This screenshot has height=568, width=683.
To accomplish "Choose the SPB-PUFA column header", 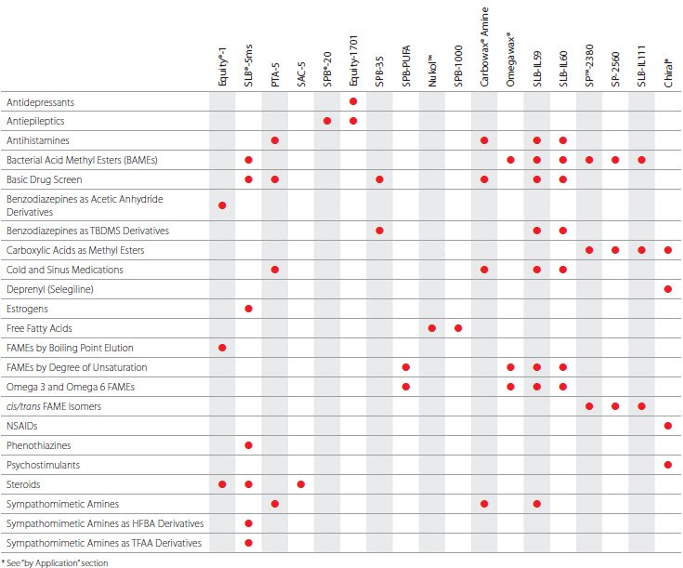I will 406,68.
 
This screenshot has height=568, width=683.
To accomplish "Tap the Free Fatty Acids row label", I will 39,328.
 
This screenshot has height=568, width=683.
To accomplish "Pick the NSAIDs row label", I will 22,426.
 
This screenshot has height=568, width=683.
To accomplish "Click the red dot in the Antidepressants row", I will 354,101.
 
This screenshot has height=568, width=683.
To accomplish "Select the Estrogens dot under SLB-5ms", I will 249,309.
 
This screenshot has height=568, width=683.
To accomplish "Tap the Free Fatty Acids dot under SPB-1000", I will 458,328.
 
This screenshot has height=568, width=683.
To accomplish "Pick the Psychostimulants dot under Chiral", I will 668,465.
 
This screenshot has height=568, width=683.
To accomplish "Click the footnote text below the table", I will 55,562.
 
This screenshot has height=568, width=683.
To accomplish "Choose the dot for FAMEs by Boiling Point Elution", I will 222,348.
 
